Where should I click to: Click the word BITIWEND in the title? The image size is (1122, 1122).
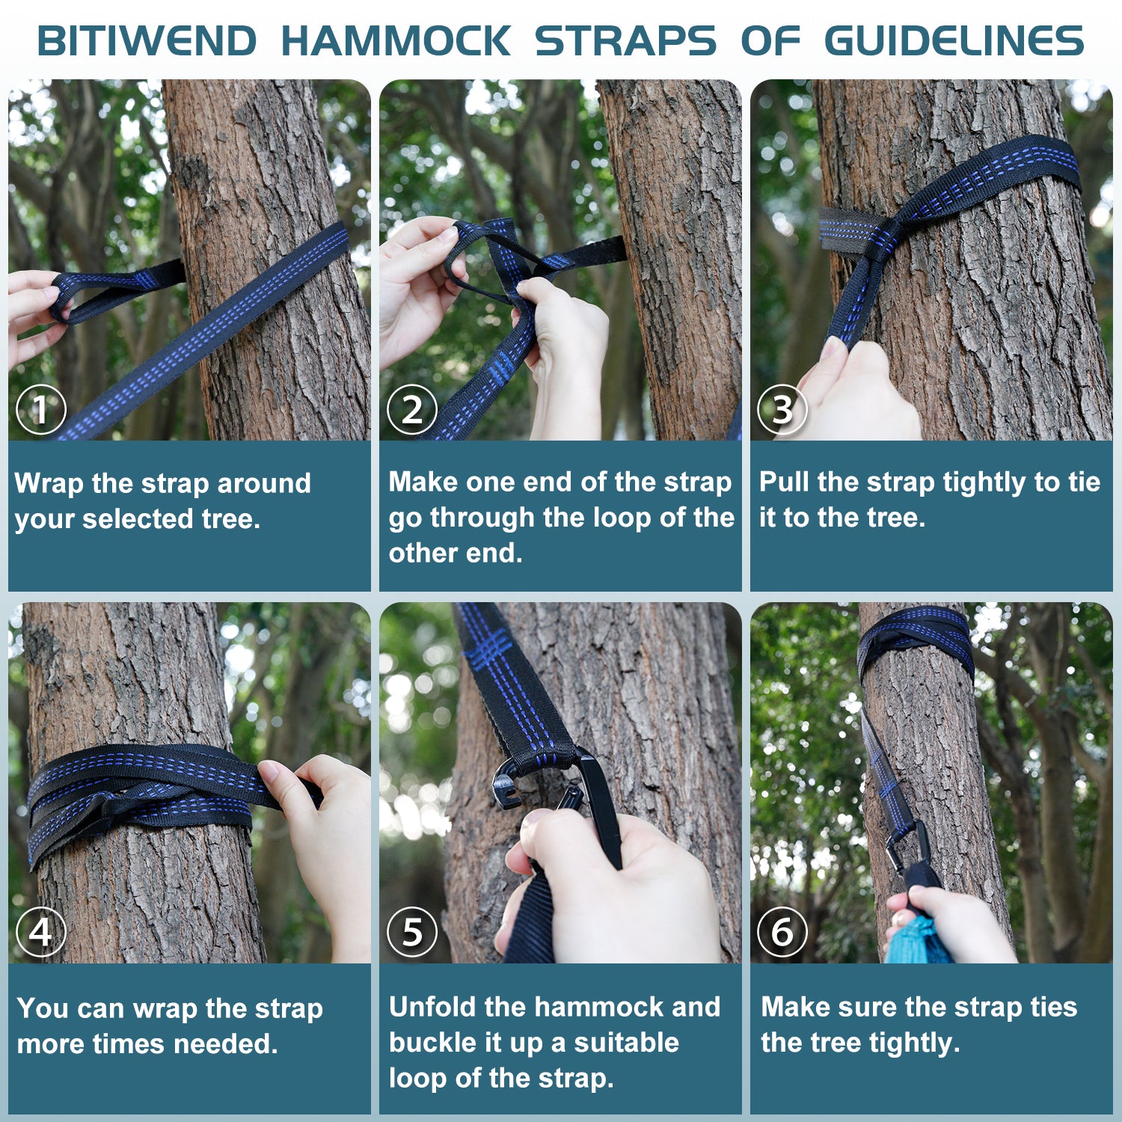click(147, 41)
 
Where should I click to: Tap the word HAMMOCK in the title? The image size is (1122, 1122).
click(396, 41)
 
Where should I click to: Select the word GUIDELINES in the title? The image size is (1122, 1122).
click(954, 41)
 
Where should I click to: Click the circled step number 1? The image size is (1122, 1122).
click(41, 409)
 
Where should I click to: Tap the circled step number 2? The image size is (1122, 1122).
click(412, 409)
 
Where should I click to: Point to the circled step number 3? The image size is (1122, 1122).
click(782, 409)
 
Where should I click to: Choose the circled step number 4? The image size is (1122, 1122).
click(41, 932)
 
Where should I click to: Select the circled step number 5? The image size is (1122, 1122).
click(412, 932)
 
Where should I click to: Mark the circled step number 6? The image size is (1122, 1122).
click(782, 932)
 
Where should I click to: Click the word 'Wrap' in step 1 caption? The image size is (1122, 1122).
click(49, 483)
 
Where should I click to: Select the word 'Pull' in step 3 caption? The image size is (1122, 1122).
click(785, 482)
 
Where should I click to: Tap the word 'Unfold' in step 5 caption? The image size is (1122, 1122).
click(432, 1008)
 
